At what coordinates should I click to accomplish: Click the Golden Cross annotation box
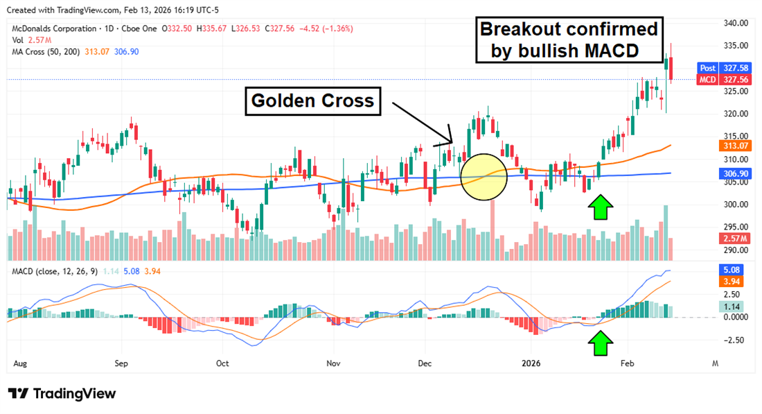point(312,101)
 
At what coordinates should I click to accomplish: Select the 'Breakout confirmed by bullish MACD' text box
point(569,40)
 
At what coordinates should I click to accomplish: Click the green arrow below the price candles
point(601,207)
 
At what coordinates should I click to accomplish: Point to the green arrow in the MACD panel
point(601,343)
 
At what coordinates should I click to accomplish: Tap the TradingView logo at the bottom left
point(62,393)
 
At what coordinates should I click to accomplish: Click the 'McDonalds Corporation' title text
point(54,28)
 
